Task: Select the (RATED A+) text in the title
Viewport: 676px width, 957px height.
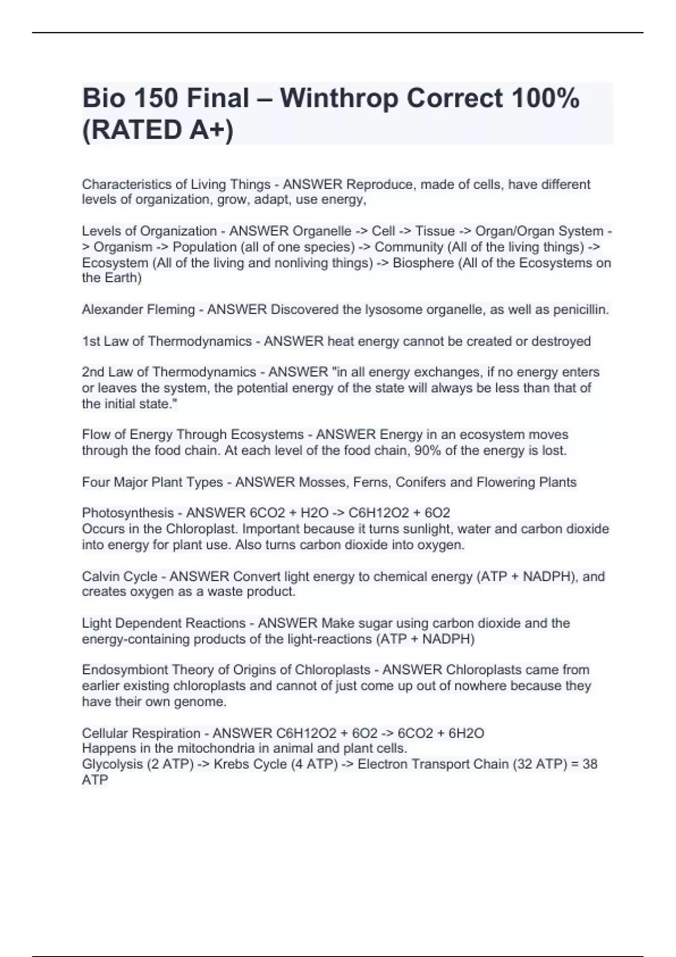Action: pos(158,130)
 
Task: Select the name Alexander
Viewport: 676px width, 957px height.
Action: pos(112,310)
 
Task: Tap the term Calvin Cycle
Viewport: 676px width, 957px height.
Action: pos(120,576)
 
